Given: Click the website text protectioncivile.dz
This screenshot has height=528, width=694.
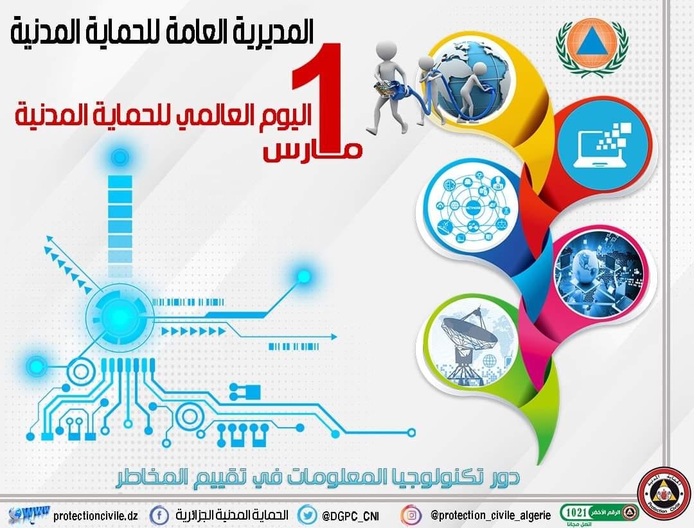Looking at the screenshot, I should (96, 516).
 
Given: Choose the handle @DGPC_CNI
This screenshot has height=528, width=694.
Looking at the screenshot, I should (353, 515).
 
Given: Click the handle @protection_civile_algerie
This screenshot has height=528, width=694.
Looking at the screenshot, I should (491, 515).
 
